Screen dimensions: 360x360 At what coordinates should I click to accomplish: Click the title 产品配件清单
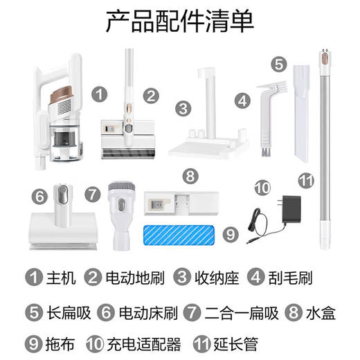[179, 21]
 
